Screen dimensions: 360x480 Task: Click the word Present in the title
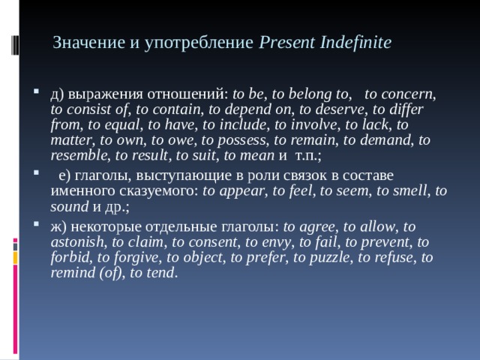283,43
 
